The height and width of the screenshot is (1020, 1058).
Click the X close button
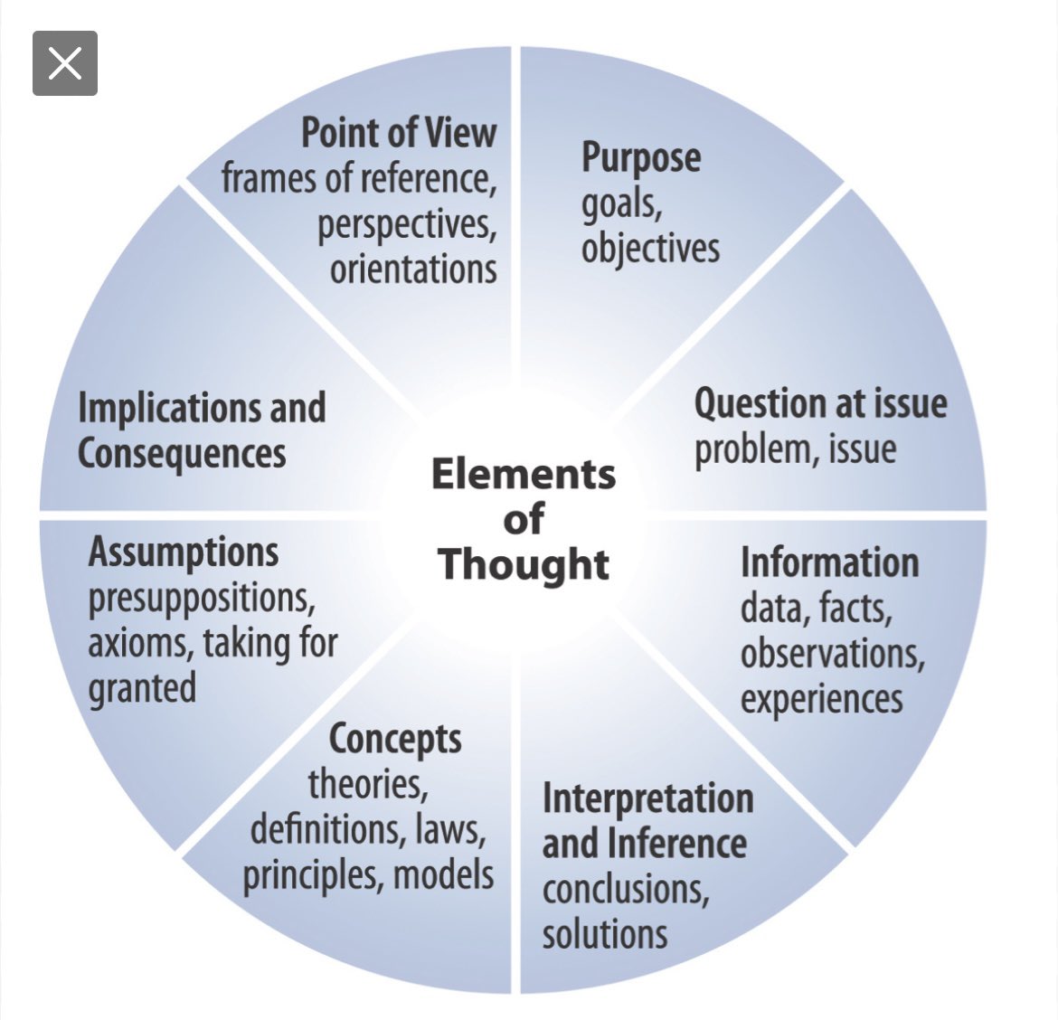[x=65, y=63]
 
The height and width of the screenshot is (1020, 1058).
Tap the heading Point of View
[x=398, y=132]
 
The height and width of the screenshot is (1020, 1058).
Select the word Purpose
[x=640, y=157]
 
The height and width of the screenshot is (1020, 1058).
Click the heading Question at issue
[x=820, y=403]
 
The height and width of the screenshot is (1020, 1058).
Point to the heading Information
[x=829, y=562]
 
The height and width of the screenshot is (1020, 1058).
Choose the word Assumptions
[x=184, y=552]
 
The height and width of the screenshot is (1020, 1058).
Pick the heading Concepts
[x=395, y=739]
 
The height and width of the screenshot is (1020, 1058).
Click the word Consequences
[x=182, y=453]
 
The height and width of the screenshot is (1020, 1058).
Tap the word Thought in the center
[x=524, y=564]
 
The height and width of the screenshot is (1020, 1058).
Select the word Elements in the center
[x=524, y=474]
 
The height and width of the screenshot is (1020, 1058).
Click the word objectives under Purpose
[x=650, y=249]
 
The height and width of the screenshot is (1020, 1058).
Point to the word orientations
[x=413, y=269]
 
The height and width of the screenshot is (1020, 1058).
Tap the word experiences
[x=821, y=699]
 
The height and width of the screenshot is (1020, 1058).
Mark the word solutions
[x=604, y=934]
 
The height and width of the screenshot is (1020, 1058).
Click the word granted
[x=142, y=689]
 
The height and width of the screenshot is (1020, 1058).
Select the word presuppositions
[x=201, y=598]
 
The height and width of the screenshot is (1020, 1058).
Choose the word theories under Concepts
[x=367, y=784]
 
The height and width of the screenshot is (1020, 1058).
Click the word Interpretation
[x=647, y=798]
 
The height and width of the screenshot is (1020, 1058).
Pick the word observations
[x=832, y=653]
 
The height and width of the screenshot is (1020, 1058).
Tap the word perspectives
[x=407, y=224]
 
